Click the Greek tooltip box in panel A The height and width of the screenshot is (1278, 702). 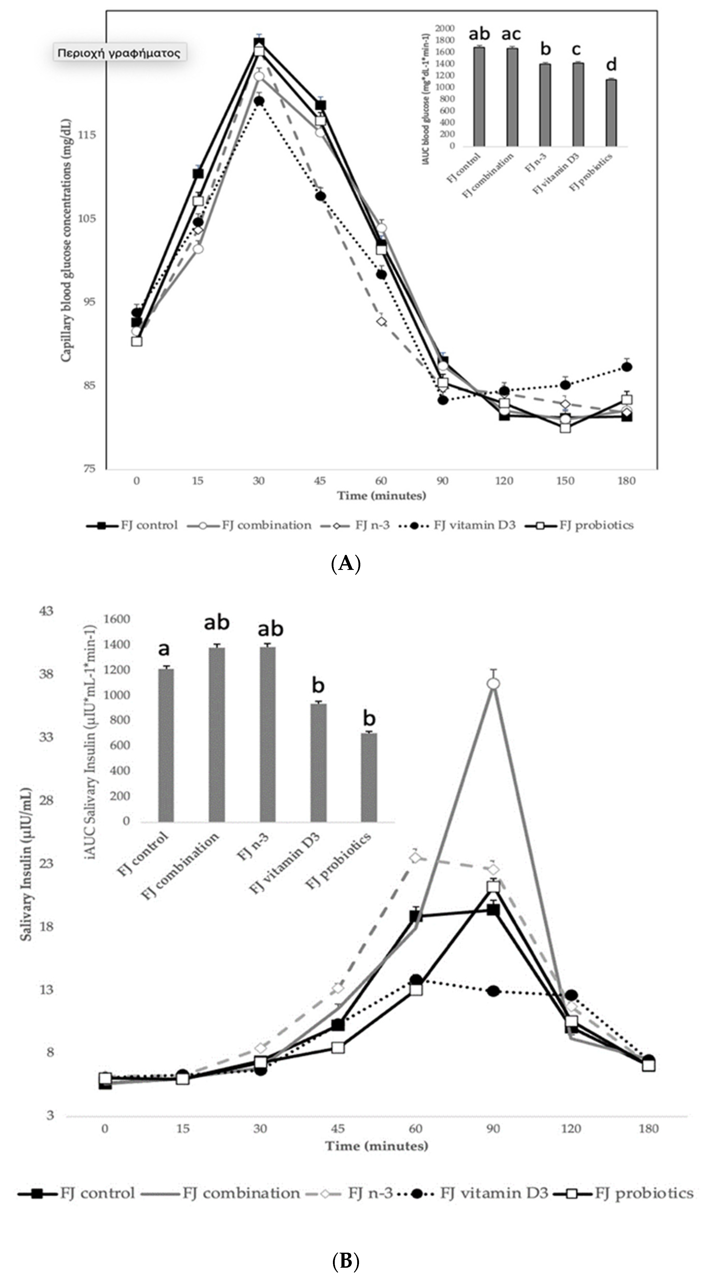point(119,53)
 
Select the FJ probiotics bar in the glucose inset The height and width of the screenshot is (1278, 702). point(611,113)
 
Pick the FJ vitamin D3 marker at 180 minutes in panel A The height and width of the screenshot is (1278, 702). point(627,367)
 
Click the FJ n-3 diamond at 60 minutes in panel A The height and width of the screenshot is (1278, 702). point(381,321)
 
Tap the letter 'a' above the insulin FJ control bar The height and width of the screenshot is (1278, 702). point(164,648)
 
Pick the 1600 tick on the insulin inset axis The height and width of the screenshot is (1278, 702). point(117,619)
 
